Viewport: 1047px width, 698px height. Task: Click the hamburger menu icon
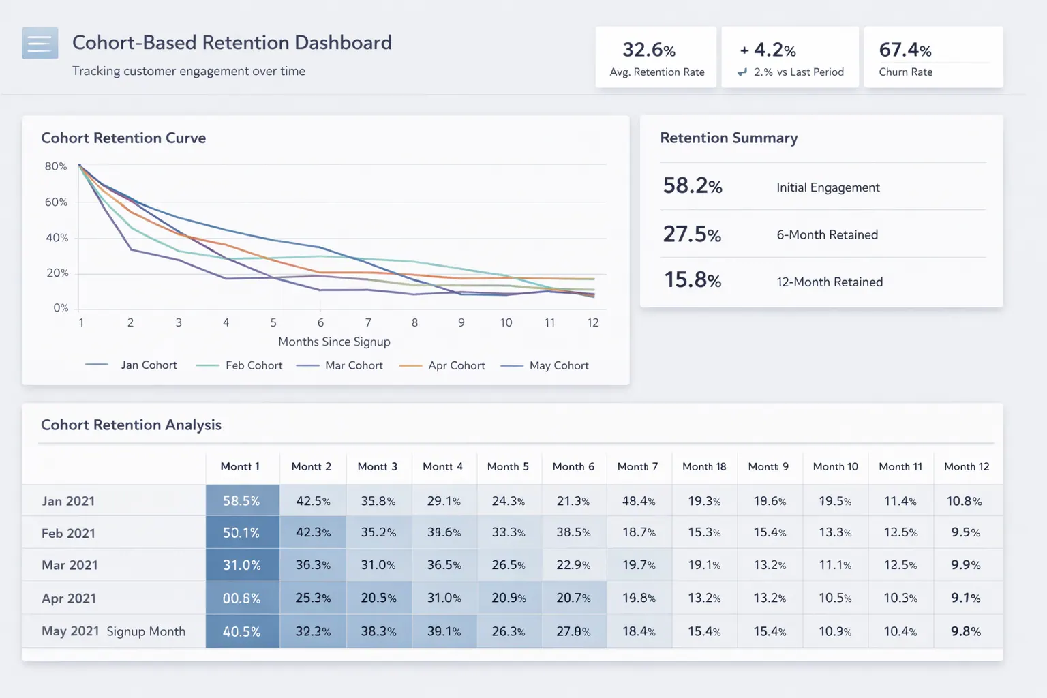tap(40, 44)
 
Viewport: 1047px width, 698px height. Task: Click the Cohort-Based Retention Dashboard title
tap(232, 42)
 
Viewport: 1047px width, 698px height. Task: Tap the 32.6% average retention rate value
tap(648, 50)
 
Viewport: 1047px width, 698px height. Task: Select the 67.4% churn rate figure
tap(905, 50)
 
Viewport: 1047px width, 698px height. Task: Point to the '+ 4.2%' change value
tap(768, 50)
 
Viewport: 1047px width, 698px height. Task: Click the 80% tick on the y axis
tap(56, 166)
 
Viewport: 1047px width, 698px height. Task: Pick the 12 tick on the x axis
tap(592, 322)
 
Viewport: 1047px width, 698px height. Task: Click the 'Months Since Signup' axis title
tap(334, 342)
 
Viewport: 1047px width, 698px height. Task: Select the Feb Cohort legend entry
tap(253, 365)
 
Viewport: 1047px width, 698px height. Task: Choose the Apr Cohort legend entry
tap(456, 365)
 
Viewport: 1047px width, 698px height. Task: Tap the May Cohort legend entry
tap(558, 365)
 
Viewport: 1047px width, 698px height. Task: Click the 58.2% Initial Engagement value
tap(692, 185)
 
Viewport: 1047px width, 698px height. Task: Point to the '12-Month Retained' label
tap(829, 282)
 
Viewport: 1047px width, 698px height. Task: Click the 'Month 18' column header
tap(704, 466)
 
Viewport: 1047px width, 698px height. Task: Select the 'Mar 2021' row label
tap(70, 565)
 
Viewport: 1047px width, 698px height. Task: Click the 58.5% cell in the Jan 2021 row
tap(241, 501)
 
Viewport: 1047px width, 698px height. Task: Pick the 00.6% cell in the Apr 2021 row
tap(241, 598)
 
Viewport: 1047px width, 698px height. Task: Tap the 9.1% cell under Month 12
tap(965, 598)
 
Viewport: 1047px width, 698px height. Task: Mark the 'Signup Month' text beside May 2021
tap(146, 631)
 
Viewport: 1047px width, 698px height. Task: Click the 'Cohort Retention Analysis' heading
tap(131, 425)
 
